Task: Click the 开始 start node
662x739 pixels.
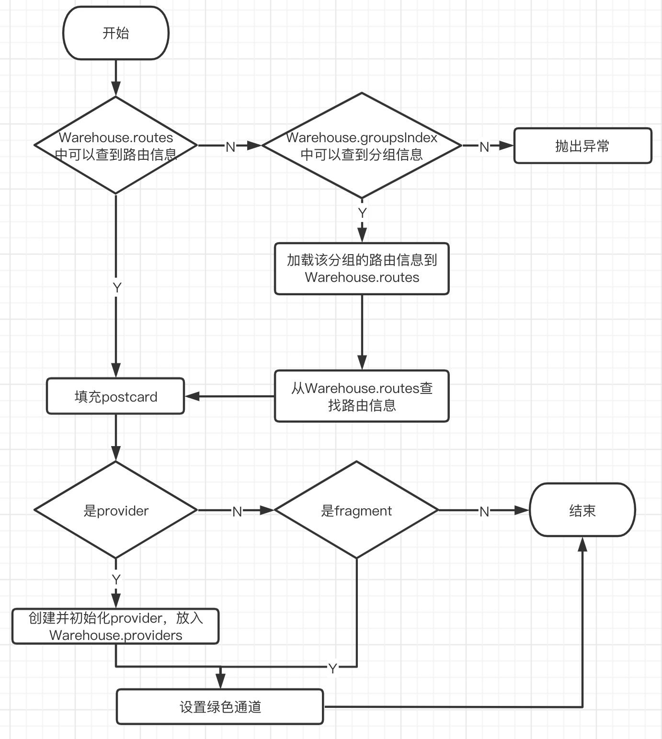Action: click(x=116, y=33)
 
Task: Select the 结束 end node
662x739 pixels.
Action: click(x=582, y=510)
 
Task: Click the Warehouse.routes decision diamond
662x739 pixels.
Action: click(x=116, y=146)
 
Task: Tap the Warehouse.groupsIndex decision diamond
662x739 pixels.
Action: click(x=362, y=146)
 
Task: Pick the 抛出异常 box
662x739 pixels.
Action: click(x=582, y=146)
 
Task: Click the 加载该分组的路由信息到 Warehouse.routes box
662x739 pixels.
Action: click(x=362, y=269)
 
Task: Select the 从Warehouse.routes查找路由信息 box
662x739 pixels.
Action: click(x=362, y=396)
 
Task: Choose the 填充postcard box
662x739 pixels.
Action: click(x=115, y=396)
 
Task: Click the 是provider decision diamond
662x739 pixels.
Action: click(x=116, y=510)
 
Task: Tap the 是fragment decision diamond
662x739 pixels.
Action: click(x=356, y=510)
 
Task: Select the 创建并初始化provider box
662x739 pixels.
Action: click(x=115, y=626)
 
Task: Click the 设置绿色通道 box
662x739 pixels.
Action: click(x=220, y=706)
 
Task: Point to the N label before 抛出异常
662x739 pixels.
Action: click(x=484, y=147)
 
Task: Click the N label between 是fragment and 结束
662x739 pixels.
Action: click(x=484, y=511)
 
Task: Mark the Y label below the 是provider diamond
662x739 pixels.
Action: click(x=116, y=579)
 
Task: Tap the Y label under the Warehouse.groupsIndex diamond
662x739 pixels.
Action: click(x=362, y=213)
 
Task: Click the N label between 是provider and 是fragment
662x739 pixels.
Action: click(x=237, y=511)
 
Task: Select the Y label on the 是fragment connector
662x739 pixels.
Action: click(x=333, y=668)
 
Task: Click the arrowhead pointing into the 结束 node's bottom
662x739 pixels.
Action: click(x=582, y=544)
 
